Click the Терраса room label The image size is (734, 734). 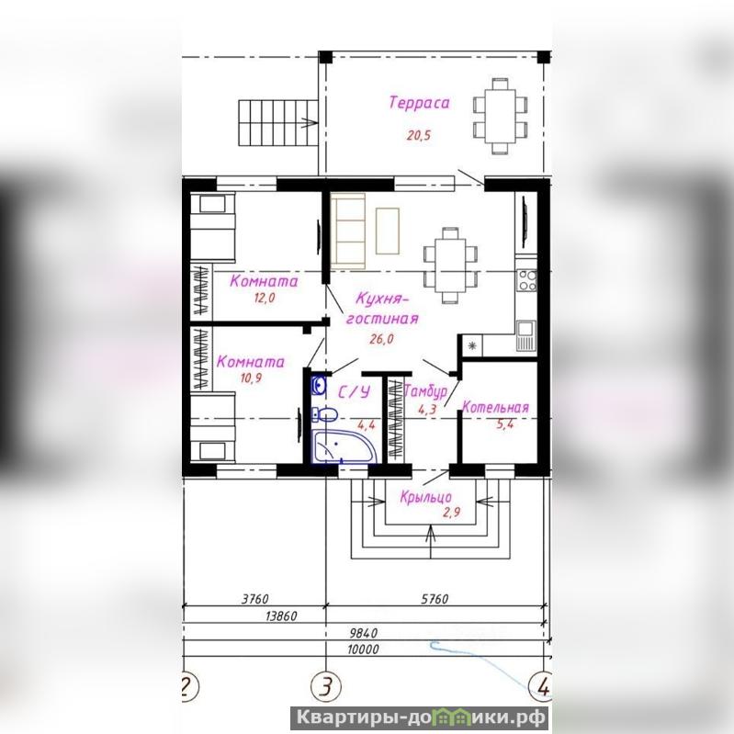tap(419, 103)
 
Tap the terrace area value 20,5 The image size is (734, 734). tap(418, 136)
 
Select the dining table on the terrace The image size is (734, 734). tap(501, 116)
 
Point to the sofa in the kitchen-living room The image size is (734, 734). tap(348, 231)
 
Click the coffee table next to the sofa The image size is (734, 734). tap(388, 231)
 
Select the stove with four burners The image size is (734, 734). tap(526, 280)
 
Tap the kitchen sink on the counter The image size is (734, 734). tap(526, 335)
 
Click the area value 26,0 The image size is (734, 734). tap(381, 339)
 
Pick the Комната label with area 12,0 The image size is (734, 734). tap(264, 281)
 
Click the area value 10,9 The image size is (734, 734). tap(251, 378)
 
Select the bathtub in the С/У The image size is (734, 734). tap(344, 446)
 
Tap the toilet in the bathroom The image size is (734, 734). tap(325, 414)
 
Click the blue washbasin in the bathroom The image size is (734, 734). tap(319, 386)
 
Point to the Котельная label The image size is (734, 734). tap(495, 407)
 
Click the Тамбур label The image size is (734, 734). tap(425, 390)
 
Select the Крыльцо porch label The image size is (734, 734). tap(425, 497)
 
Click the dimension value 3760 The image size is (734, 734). tap(255, 599)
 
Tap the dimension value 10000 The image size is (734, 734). tap(363, 649)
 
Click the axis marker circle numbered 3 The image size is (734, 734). tap(326, 687)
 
